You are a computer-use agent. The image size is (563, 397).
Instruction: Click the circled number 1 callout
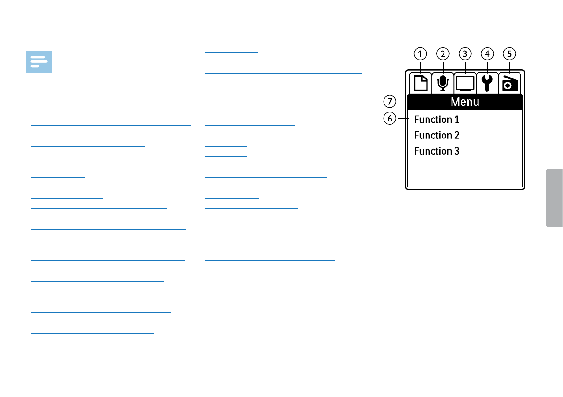tap(420, 54)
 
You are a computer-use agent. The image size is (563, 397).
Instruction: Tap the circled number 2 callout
tap(443, 54)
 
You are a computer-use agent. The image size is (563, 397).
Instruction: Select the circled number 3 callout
tap(465, 54)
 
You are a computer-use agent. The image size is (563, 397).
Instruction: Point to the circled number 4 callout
tap(487, 54)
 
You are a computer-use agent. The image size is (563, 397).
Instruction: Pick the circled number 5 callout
tap(509, 54)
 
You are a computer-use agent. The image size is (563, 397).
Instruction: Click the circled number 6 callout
tap(390, 118)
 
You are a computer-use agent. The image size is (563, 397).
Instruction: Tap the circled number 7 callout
tap(390, 102)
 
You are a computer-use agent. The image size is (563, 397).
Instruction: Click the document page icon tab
tap(420, 83)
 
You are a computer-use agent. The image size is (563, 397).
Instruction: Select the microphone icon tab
tap(443, 83)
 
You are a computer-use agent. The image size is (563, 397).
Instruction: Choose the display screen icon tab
tap(465, 83)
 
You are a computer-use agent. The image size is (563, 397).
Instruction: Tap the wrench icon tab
tap(487, 83)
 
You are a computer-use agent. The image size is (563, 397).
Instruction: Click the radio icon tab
tap(510, 83)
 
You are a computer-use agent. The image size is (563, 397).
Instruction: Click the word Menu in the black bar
tap(465, 102)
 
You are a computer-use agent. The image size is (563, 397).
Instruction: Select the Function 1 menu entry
tap(436, 119)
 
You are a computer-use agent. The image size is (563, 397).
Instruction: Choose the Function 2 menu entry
tap(436, 135)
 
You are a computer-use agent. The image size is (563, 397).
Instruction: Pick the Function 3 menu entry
tap(436, 151)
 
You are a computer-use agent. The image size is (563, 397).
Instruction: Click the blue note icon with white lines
tap(39, 62)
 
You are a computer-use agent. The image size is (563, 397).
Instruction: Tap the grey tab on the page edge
tap(554, 198)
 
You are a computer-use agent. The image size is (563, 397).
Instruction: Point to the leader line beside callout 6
tap(403, 118)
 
